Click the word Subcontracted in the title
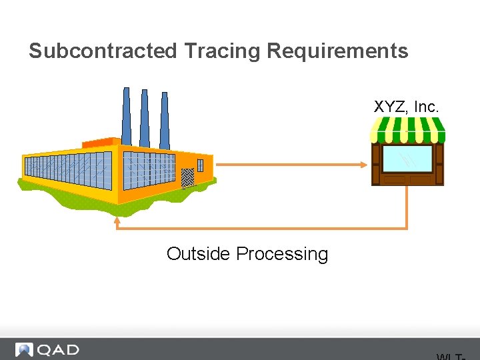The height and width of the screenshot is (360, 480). pyautogui.click(x=103, y=51)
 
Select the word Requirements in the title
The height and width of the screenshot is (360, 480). pyautogui.click(x=337, y=51)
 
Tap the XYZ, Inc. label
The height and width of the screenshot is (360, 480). pyautogui.click(x=406, y=107)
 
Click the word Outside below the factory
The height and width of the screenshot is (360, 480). pyautogui.click(x=199, y=254)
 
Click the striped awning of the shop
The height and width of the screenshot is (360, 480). pyautogui.click(x=407, y=129)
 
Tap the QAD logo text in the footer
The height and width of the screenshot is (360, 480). pyautogui.click(x=59, y=350)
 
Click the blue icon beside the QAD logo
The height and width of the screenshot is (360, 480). pyautogui.click(x=25, y=350)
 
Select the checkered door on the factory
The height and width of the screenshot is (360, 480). pyautogui.click(x=187, y=177)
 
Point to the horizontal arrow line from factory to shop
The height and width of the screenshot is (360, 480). pyautogui.click(x=287, y=164)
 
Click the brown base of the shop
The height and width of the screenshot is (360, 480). pyautogui.click(x=407, y=180)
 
